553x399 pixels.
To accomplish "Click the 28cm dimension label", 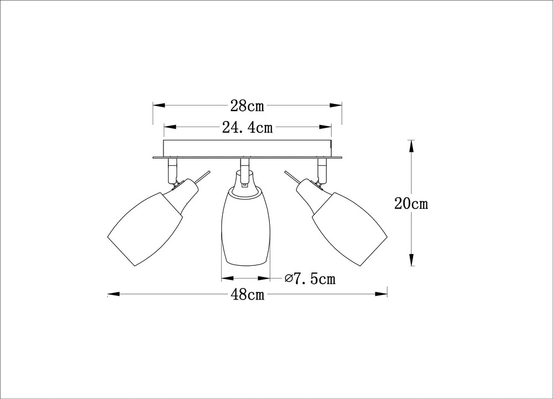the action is pyautogui.click(x=247, y=106).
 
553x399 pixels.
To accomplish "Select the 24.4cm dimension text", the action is pyautogui.click(x=247, y=127).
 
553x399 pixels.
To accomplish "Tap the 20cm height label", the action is pyautogui.click(x=411, y=203).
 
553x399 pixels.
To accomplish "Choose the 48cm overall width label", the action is pyautogui.click(x=248, y=294).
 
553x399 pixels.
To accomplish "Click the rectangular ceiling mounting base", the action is pyautogui.click(x=247, y=149).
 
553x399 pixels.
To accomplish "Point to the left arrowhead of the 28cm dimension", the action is pyautogui.click(x=159, y=106).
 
